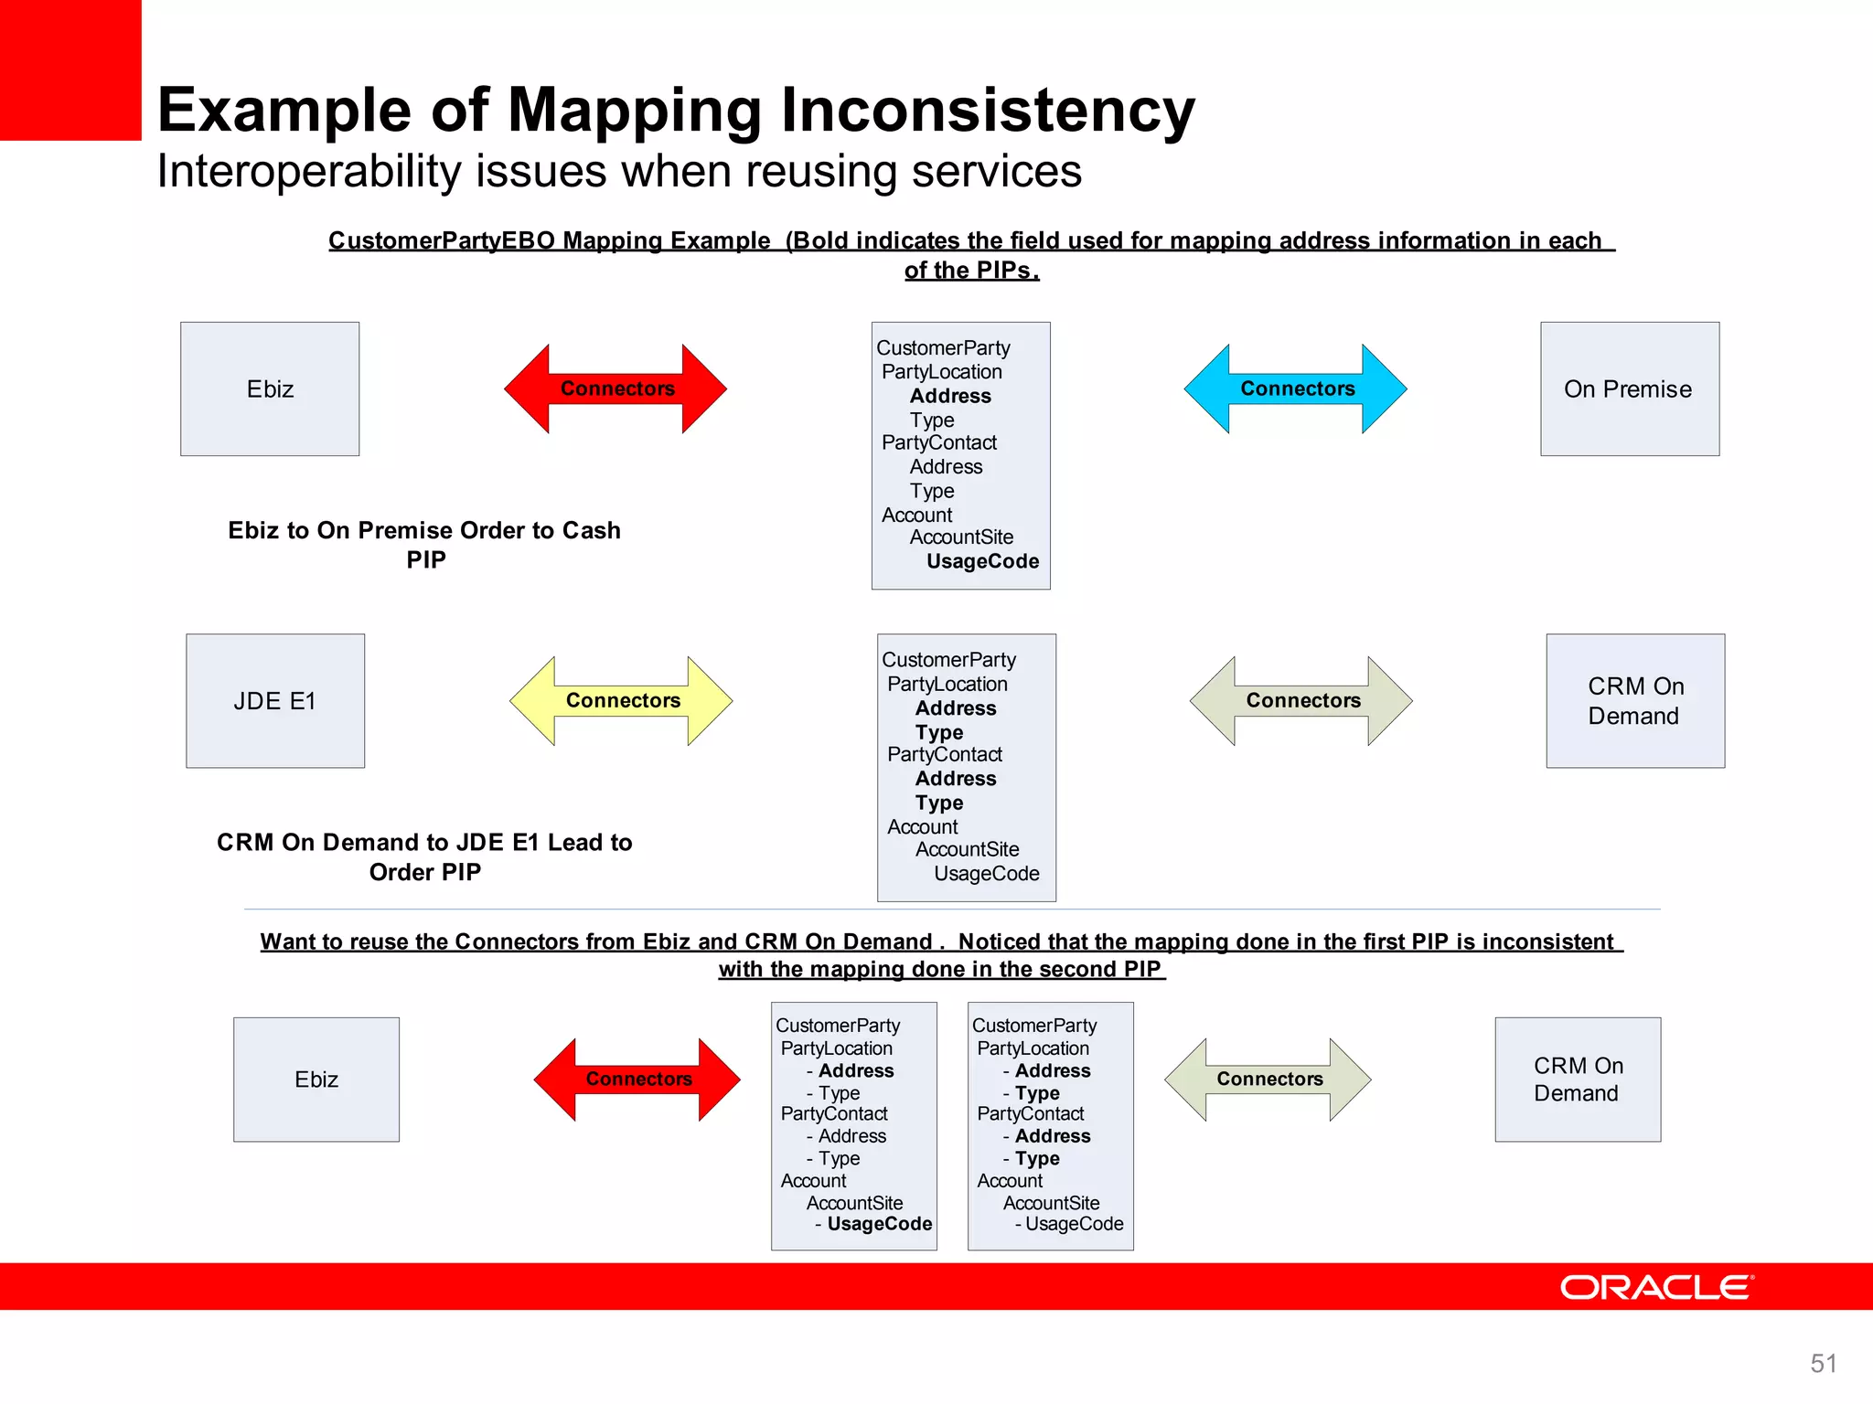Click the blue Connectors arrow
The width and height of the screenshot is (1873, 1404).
pos(1296,388)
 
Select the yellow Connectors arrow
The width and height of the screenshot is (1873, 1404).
pos(622,700)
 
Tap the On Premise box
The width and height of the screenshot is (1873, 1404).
pos(1629,388)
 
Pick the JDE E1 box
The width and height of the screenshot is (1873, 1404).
pos(275,701)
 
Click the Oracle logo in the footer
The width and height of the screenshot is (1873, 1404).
pos(1655,1287)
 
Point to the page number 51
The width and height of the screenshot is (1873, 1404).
pos(1823,1363)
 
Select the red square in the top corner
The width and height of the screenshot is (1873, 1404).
pos(70,69)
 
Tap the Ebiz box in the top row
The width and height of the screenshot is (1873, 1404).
pos(270,388)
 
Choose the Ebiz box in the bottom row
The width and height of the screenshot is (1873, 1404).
pos(316,1079)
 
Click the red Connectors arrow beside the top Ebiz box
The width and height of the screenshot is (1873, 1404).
pos(615,388)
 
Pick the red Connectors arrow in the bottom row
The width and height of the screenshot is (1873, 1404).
pos(637,1079)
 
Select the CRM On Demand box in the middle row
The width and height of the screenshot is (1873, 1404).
pos(1635,701)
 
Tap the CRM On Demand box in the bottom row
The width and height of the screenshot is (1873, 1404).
pos(1578,1079)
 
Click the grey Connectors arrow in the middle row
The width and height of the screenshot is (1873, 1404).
pos(1301,700)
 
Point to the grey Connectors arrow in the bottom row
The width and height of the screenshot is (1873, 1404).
pos(1268,1079)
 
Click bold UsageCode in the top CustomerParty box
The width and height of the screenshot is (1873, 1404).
pos(982,561)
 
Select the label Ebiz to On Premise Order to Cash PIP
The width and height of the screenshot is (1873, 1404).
pos(424,545)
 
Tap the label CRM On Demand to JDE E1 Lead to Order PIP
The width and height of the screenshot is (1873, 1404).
pos(424,856)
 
